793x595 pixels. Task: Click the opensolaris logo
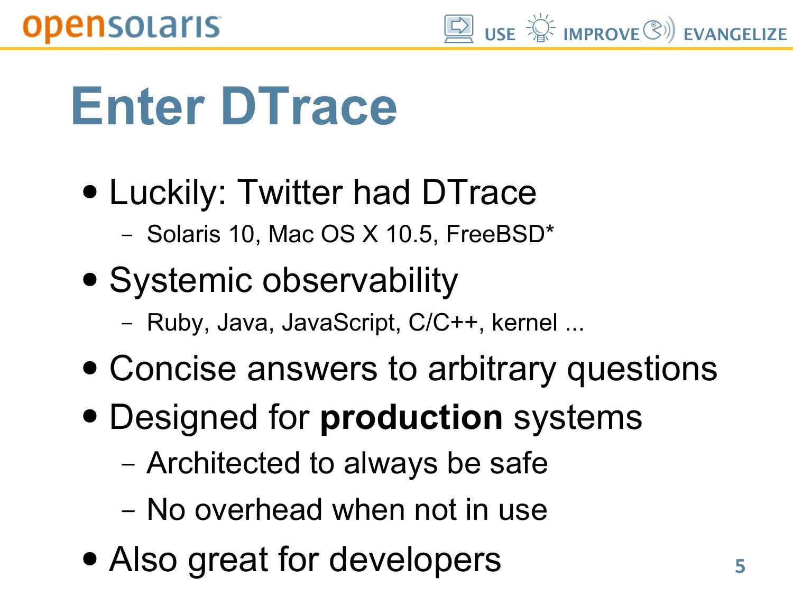click(122, 28)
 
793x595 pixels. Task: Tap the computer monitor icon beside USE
click(459, 29)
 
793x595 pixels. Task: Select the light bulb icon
click(540, 28)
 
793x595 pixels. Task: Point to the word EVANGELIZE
click(735, 35)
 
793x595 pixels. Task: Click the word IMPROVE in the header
click(602, 35)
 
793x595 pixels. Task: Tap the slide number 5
click(740, 566)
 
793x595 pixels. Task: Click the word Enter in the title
click(138, 106)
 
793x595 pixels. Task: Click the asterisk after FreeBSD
click(549, 228)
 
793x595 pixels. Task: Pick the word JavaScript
click(341, 323)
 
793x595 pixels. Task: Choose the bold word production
click(411, 418)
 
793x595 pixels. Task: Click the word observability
click(360, 281)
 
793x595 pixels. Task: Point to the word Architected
click(223, 463)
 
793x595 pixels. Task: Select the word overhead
click(259, 510)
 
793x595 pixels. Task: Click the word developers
click(415, 560)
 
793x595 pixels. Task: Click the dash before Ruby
click(127, 323)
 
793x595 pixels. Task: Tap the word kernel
click(524, 323)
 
